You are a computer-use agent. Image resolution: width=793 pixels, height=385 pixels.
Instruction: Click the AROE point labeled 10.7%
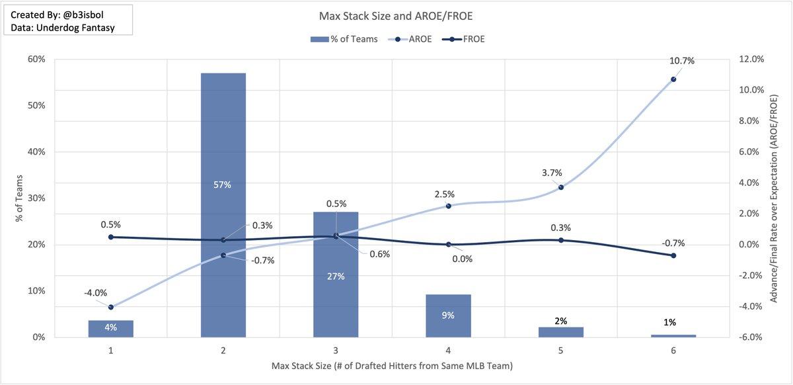[x=673, y=79]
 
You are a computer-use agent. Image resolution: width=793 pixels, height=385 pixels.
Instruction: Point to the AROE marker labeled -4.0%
[x=111, y=307]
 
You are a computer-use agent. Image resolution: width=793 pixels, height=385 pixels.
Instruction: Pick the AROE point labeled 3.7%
[x=561, y=187]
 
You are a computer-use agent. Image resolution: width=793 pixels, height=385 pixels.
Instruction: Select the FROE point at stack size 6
[x=673, y=255]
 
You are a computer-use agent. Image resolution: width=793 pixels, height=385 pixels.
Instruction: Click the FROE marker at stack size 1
[x=111, y=237]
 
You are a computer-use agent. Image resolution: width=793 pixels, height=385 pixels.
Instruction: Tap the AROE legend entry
[x=413, y=39]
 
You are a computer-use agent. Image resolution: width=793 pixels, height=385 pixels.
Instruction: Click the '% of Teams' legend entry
[x=344, y=39]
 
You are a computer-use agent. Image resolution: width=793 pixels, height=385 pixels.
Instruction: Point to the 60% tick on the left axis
[x=37, y=59]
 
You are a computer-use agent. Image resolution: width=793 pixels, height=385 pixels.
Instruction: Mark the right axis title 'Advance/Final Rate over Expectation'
[x=774, y=198]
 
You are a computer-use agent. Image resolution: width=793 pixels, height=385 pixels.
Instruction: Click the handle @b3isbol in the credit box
[x=86, y=15]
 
